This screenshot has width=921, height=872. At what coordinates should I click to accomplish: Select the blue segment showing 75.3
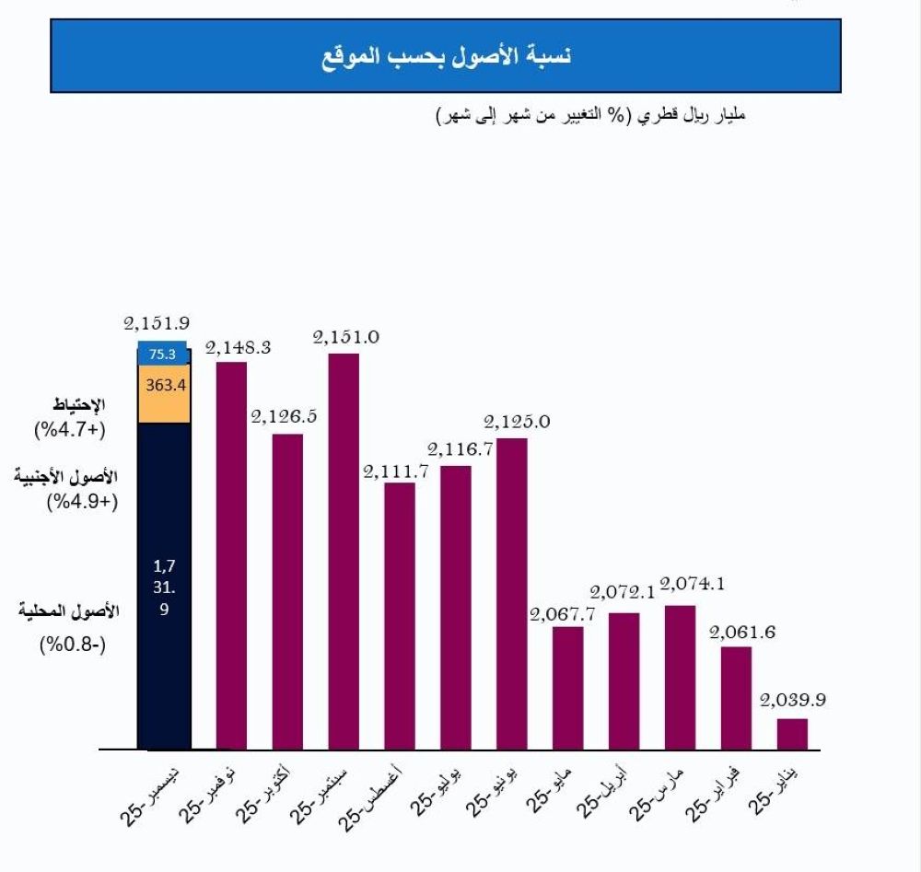(x=164, y=354)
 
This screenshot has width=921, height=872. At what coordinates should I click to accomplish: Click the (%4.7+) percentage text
(x=71, y=429)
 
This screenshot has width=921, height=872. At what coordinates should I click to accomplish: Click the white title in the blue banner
(x=447, y=55)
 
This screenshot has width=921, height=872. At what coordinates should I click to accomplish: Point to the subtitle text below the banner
(x=589, y=117)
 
